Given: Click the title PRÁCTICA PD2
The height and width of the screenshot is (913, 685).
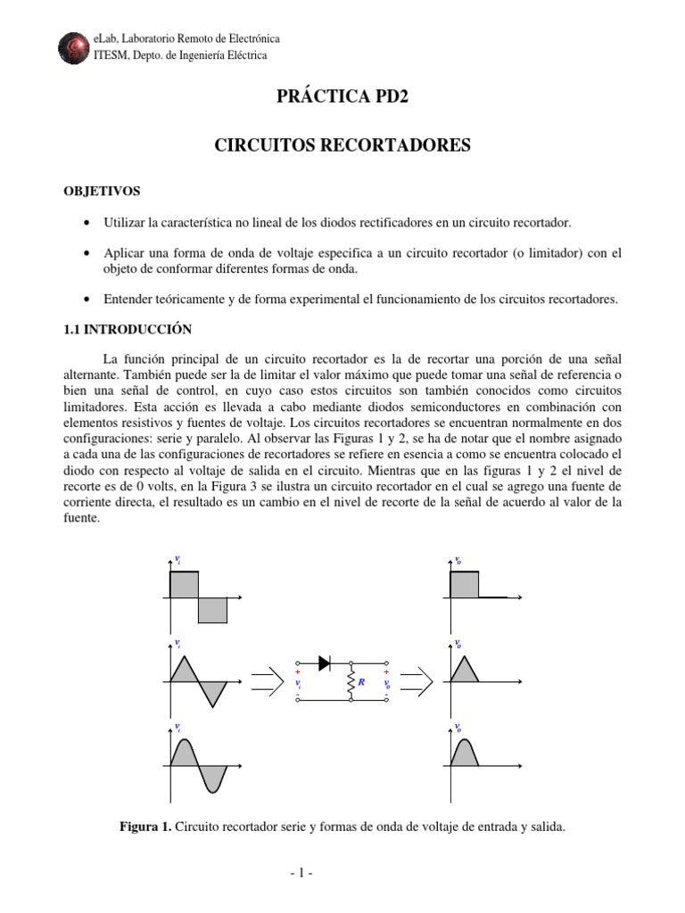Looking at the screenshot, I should coord(342,97).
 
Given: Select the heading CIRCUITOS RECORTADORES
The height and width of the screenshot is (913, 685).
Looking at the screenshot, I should coord(342,144).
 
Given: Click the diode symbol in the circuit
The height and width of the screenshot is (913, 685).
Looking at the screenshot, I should coord(325,662).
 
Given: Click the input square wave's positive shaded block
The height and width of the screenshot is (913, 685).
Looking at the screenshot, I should coord(184,585).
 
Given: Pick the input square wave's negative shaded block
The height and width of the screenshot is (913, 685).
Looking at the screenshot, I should coord(212,610).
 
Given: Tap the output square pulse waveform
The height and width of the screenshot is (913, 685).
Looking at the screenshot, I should coord(465,585).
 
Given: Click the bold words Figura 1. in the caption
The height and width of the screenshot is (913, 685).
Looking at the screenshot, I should coord(145,827).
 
